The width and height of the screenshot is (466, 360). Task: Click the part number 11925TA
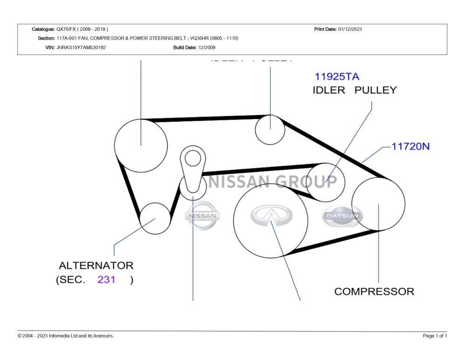336,76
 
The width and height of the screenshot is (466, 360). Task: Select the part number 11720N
410,146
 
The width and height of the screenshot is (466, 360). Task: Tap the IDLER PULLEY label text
354,90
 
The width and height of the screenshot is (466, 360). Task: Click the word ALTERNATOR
96,266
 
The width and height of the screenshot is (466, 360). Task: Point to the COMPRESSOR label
374,291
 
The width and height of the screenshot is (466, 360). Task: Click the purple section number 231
106,280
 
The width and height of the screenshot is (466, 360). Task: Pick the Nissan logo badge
202,215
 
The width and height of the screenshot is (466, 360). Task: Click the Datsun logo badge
342,216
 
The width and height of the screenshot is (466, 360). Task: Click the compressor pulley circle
378,204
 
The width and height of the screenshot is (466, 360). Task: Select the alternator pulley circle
155,219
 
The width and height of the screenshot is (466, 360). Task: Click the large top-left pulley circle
141,145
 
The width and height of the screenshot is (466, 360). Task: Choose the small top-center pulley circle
270,129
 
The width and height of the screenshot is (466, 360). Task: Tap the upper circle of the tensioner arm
192,159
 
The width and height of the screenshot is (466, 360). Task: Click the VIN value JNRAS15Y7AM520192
81,48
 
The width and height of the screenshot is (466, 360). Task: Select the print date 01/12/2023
350,29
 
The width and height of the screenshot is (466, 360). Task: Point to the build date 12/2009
207,48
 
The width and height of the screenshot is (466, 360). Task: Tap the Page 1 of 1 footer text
435,336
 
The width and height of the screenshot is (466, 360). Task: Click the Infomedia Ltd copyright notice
66,336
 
